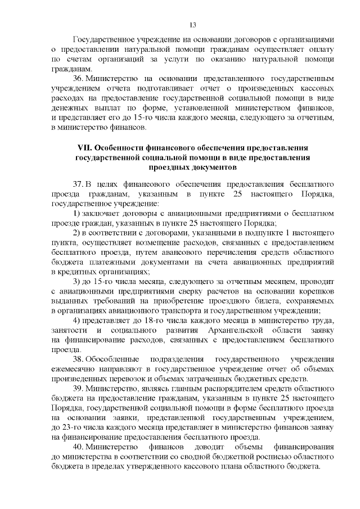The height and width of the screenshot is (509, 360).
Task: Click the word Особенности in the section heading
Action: (x=120, y=148)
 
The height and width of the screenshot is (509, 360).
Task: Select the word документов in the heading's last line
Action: (x=206, y=167)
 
